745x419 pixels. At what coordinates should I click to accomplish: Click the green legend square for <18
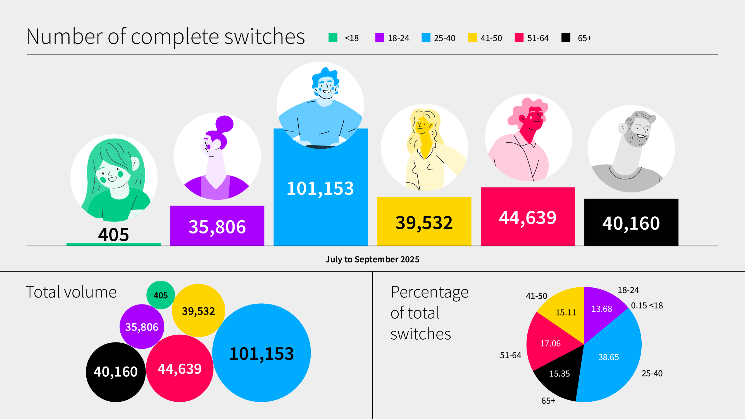tap(333, 38)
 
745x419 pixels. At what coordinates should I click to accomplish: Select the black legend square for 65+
tap(566, 38)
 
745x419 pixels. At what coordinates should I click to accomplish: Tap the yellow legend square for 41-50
tap(472, 38)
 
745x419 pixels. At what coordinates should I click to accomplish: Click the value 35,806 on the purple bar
tap(217, 227)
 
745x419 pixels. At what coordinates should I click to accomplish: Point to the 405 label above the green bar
tap(113, 235)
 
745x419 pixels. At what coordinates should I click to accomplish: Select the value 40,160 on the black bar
tap(631, 223)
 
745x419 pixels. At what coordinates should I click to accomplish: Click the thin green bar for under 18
tap(113, 244)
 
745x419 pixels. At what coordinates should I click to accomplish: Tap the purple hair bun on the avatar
tap(224, 124)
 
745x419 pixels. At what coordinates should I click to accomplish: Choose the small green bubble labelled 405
tap(161, 295)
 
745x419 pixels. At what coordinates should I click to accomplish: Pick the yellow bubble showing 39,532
tap(198, 311)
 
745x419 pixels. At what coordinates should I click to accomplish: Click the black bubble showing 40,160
tap(116, 372)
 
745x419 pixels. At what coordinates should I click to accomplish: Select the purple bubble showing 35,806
tap(142, 327)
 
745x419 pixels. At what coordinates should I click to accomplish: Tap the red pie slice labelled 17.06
tap(550, 344)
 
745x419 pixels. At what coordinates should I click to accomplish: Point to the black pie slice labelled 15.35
tap(559, 373)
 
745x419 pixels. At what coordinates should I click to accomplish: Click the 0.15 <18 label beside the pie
tap(647, 305)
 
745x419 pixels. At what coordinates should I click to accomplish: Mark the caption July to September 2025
tap(372, 260)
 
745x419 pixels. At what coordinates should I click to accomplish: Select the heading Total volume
tap(71, 292)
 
